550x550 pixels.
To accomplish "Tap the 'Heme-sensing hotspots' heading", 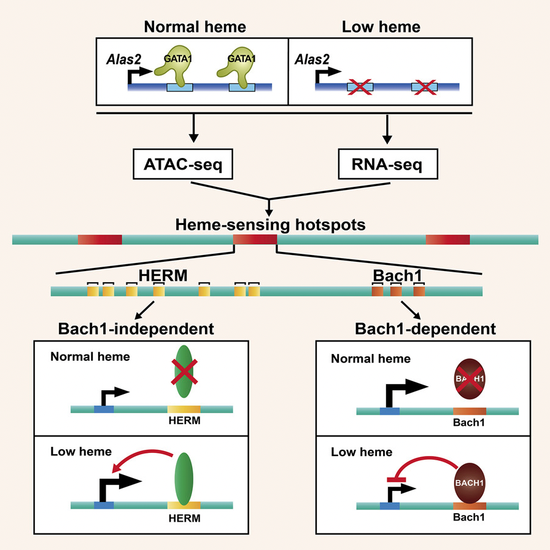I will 270,224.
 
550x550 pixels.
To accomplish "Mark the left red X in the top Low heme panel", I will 360,88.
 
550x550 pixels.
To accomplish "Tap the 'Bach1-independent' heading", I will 136,328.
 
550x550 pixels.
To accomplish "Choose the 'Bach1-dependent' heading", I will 425,328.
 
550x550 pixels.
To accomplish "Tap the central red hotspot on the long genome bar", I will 255,240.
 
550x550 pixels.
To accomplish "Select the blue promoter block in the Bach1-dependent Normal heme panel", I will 389,411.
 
